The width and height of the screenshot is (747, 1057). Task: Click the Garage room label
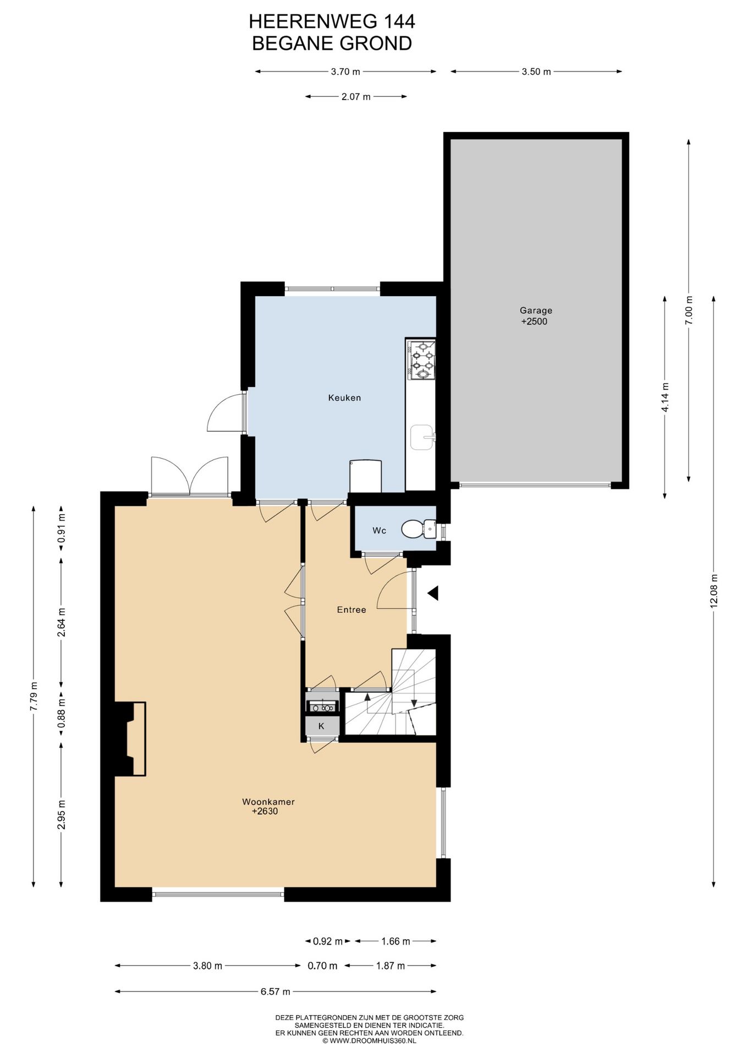(536, 310)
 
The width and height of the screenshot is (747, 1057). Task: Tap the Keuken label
(344, 397)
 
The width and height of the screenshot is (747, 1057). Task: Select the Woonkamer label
(268, 802)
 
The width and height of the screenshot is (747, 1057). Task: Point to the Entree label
(351, 609)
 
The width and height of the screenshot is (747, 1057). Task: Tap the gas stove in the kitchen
(421, 360)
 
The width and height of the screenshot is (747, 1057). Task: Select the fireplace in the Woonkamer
(130, 739)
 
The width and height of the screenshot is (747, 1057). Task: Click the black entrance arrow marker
(433, 593)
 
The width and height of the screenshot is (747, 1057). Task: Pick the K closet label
(321, 726)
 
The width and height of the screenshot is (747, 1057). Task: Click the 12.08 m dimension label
(714, 591)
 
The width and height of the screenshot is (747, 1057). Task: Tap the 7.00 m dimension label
(689, 310)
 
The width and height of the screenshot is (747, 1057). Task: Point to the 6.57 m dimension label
(276, 991)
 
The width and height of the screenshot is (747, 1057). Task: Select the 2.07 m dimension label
(356, 96)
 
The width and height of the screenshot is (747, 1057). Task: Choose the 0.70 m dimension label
(322, 965)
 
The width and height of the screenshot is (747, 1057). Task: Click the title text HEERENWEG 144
(332, 21)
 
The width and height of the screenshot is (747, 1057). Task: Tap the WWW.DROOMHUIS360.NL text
(372, 1040)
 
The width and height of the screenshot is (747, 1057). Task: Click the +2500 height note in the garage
(534, 322)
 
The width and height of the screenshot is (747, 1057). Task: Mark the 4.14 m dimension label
(665, 397)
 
